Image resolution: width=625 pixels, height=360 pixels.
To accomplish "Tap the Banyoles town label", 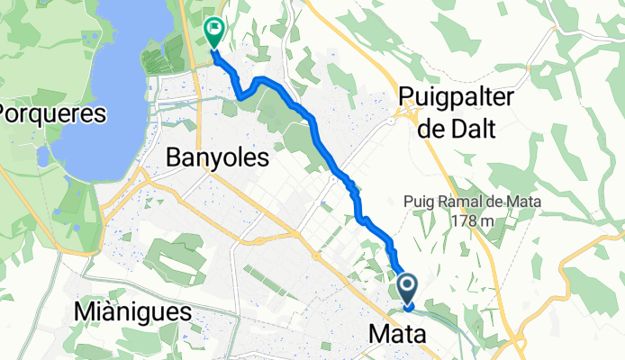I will point(219,159).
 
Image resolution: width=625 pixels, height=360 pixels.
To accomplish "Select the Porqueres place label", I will point(52,114).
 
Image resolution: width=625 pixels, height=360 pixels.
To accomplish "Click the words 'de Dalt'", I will point(457,129).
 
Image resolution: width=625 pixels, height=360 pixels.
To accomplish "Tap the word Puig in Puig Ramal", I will point(420,202).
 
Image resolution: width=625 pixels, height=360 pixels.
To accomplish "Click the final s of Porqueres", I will point(101,114).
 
